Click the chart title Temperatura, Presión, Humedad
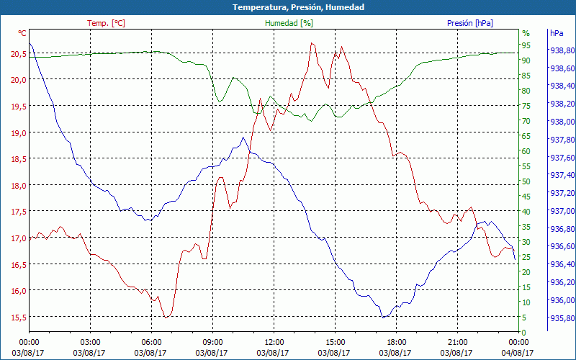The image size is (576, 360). pos(288,7)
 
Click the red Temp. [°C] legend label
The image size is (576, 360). pos(106,23)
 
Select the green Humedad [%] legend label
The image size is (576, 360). pos(289,23)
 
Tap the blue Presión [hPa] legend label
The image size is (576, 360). pos(470,23)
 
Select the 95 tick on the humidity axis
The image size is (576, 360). pos(526,45)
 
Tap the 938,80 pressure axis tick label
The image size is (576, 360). pos(562,50)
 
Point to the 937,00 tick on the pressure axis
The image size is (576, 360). pos(562,211)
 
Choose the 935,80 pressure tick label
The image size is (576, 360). pos(562,318)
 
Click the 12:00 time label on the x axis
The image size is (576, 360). pos(274,342)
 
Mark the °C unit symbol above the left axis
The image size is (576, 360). pos(22,33)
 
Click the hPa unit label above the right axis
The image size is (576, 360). pos(556,33)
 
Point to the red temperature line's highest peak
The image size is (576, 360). pos(312,43)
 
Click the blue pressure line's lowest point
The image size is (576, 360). pos(384,317)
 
